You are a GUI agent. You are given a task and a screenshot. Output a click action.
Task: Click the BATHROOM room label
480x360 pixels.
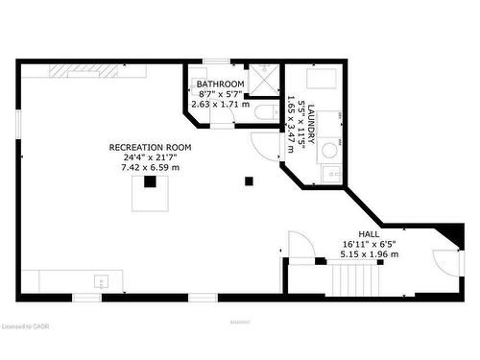(221, 84)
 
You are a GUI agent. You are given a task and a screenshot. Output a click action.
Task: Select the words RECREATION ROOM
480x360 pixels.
(150, 147)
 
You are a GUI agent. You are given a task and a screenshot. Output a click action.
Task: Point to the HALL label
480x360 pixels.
(369, 234)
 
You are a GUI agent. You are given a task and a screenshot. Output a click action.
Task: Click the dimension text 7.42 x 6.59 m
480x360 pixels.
(150, 168)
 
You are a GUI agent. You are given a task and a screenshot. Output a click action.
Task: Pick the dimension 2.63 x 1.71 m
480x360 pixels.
(221, 104)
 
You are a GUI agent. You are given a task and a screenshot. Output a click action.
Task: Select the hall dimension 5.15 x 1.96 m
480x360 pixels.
(369, 256)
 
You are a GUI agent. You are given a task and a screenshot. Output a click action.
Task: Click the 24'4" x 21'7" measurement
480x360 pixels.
(150, 157)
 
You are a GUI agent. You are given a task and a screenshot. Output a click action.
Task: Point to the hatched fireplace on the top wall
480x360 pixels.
(75, 69)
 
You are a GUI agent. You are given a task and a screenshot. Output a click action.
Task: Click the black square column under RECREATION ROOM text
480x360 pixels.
(151, 180)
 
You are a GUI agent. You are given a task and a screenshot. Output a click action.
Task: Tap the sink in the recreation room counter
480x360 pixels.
(101, 281)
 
